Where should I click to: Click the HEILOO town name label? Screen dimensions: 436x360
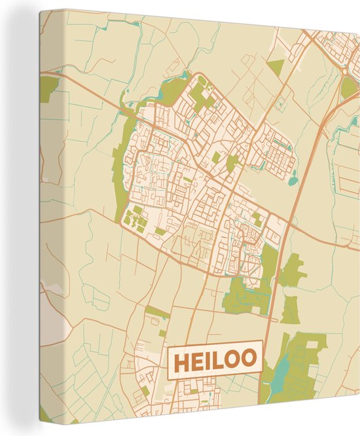click(215, 359)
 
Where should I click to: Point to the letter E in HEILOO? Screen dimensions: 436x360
click(197, 360)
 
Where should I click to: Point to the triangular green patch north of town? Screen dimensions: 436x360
click(276, 66)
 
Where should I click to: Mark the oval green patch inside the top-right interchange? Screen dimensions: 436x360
click(348, 88)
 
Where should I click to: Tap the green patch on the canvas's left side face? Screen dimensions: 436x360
click(48, 89)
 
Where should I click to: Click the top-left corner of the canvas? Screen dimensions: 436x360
click(40, 10)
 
